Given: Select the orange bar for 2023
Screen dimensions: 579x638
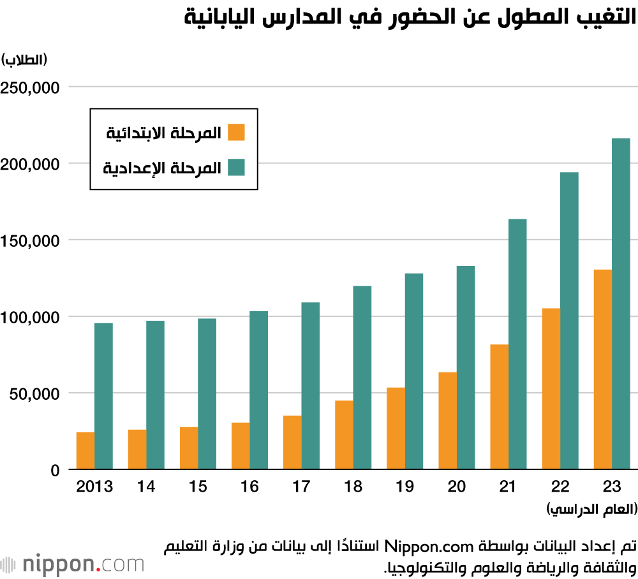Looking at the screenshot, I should (602, 370).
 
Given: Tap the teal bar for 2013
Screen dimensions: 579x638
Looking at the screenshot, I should (103, 396).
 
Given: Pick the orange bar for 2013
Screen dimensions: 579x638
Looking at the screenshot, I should (85, 451).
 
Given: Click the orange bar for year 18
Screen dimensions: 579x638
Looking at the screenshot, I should (344, 435).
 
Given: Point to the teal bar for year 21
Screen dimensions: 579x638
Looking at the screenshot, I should (517, 344).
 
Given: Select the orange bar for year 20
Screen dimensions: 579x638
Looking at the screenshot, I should (447, 421).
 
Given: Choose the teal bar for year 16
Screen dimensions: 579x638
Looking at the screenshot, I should (258, 390).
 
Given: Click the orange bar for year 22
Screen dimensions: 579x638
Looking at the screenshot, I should (551, 389).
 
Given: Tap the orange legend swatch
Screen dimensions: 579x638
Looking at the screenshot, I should (236, 133).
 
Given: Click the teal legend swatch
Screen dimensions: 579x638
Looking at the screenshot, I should (236, 168).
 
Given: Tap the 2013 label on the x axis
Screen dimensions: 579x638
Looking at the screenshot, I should (94, 487).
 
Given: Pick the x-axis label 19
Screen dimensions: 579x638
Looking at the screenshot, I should (404, 487).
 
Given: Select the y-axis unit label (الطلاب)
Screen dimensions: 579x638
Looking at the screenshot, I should (26, 60).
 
